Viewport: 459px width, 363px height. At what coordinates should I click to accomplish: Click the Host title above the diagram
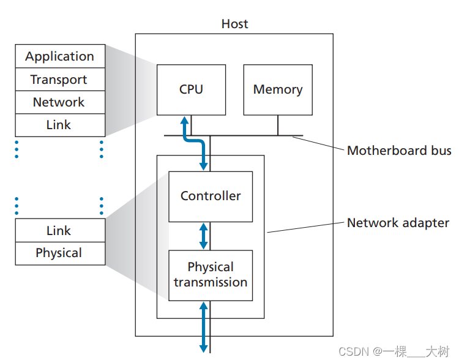click(x=235, y=24)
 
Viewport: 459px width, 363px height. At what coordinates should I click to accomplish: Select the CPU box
click(x=191, y=89)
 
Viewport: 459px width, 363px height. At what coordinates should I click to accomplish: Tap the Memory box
click(x=278, y=89)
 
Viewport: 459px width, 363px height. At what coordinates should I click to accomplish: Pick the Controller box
click(x=211, y=196)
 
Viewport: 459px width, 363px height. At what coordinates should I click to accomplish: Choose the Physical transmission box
click(x=211, y=275)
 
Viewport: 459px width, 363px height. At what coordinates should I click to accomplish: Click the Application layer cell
click(x=60, y=56)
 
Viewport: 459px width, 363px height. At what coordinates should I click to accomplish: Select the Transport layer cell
click(x=60, y=80)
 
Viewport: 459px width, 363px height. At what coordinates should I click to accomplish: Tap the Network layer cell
click(x=60, y=102)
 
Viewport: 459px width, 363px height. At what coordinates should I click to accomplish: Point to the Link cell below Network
click(x=60, y=125)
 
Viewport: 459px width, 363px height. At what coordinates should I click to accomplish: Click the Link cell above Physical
click(x=60, y=231)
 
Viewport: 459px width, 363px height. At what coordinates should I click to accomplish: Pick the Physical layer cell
click(x=60, y=253)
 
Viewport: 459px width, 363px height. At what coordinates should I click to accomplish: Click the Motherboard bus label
click(x=399, y=151)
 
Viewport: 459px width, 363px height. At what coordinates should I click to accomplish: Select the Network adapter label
click(x=398, y=223)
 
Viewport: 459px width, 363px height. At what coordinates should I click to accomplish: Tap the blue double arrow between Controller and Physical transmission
click(x=204, y=236)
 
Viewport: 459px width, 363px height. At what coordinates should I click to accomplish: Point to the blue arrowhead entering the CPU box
click(x=184, y=120)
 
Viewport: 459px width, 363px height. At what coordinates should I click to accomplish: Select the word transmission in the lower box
click(x=211, y=282)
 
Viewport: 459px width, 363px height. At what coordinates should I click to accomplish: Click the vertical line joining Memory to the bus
click(x=278, y=125)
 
